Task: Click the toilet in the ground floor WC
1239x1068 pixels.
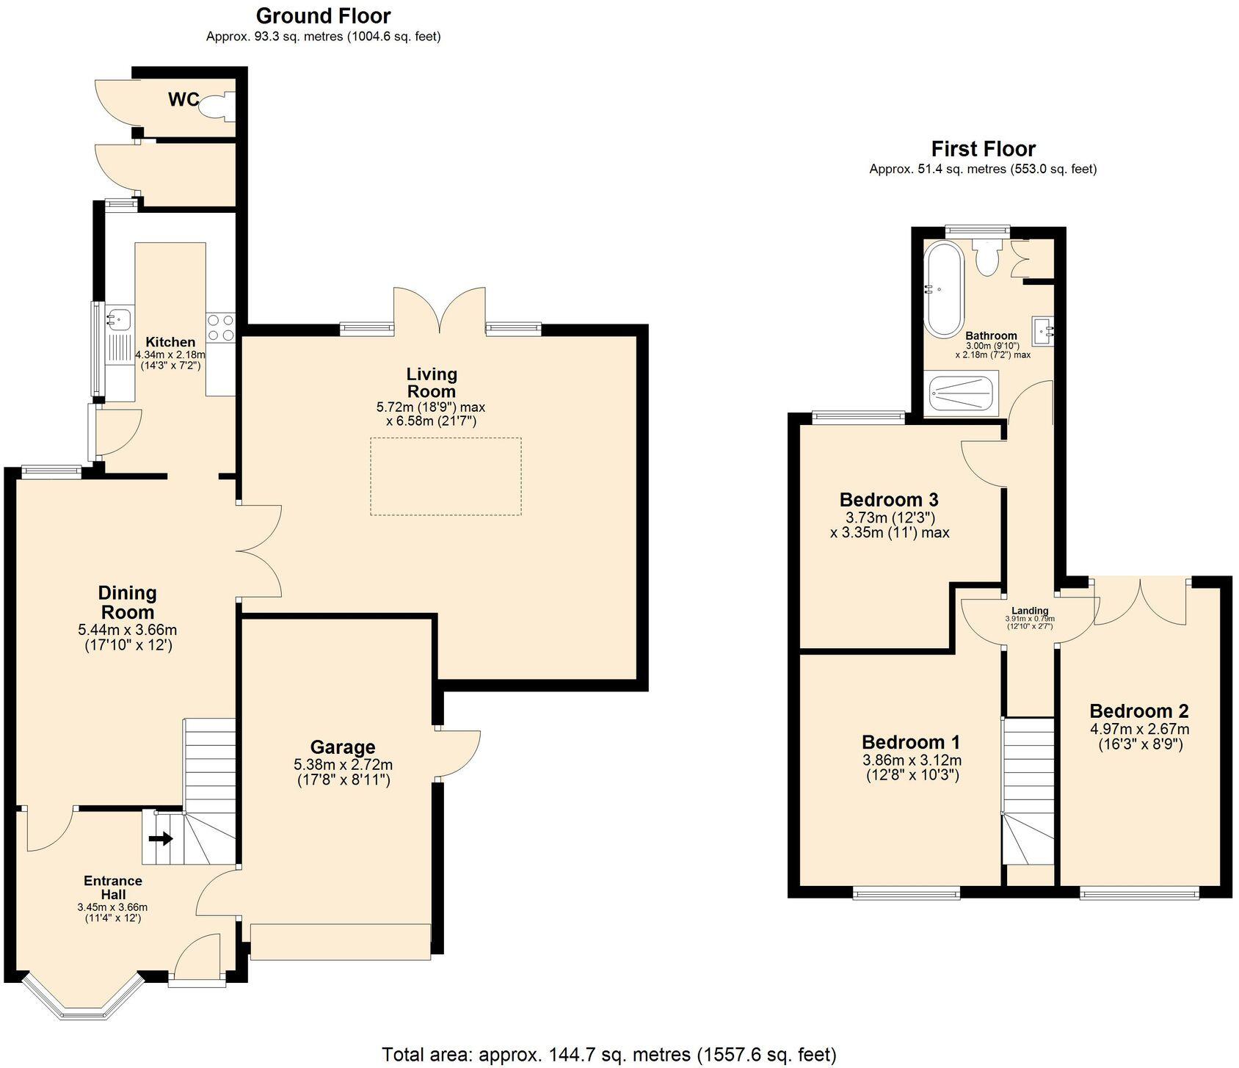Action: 217,106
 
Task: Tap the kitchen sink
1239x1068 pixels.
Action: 118,319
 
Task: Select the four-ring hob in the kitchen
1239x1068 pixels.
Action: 220,327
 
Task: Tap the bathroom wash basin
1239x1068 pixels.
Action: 1043,330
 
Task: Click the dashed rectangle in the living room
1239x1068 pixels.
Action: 446,476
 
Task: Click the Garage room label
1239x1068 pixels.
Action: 342,747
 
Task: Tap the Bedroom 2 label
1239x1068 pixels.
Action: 1138,711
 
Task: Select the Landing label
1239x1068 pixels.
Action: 1030,611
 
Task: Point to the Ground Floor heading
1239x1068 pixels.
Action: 323,15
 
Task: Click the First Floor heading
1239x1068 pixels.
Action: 983,149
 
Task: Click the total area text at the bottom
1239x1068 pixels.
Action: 608,1055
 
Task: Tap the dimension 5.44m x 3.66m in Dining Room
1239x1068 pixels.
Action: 127,630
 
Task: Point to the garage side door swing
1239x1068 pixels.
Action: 459,752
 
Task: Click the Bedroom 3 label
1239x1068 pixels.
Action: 889,500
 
